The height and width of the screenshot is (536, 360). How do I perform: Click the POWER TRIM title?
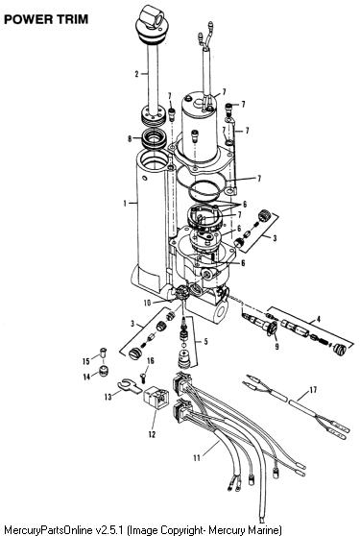[46, 19]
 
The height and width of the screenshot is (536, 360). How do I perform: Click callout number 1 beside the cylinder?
[125, 204]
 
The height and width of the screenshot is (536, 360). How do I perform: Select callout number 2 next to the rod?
[136, 74]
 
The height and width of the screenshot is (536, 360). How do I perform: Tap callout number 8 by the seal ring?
[130, 138]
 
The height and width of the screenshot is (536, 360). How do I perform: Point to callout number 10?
[147, 303]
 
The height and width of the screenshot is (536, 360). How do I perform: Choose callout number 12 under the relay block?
[152, 434]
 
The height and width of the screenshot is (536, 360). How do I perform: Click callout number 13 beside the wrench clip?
[108, 397]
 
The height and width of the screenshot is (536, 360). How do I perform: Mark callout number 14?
[86, 377]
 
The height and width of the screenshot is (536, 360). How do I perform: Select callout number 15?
[86, 361]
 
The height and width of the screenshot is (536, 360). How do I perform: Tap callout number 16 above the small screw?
[151, 361]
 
